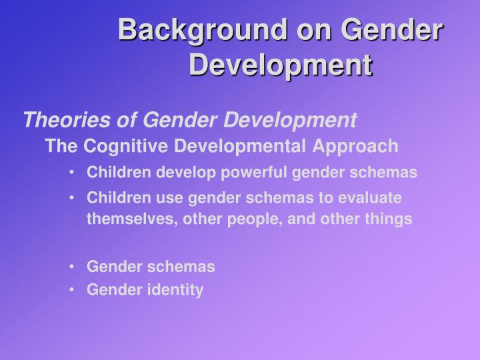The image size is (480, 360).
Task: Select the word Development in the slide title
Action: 280,65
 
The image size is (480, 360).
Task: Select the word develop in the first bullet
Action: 181,173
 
